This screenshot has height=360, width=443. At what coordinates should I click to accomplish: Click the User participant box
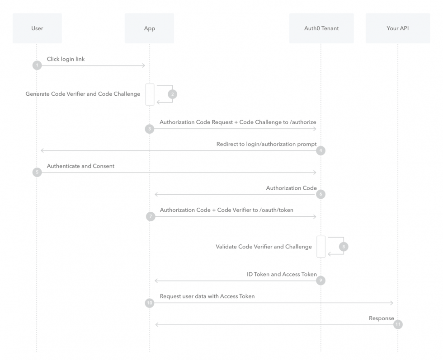click(x=37, y=28)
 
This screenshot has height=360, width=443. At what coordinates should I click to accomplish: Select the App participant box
click(x=149, y=28)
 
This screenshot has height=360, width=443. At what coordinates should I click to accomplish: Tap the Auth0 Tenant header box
click(x=321, y=28)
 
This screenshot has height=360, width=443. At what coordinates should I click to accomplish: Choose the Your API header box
click(x=398, y=28)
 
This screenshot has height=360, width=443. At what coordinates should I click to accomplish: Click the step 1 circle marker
click(x=37, y=65)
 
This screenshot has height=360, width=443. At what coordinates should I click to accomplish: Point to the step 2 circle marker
click(x=172, y=94)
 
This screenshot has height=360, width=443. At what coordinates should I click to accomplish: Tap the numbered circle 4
click(x=320, y=151)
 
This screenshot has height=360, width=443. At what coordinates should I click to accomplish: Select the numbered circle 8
click(x=344, y=247)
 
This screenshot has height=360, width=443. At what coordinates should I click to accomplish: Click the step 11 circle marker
click(x=398, y=324)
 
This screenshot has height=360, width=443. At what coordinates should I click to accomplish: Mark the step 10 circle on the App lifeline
click(x=150, y=303)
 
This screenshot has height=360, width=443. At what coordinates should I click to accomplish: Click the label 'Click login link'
click(x=66, y=59)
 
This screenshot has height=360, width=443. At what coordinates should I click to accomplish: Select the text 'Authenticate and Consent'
click(x=80, y=166)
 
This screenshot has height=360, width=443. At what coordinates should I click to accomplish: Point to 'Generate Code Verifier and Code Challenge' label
click(x=83, y=94)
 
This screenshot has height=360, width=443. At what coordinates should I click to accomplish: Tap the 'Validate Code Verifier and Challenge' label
click(x=264, y=247)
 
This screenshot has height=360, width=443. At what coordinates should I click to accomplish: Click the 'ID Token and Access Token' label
click(x=282, y=274)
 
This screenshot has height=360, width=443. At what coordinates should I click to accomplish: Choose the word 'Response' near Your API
click(x=381, y=318)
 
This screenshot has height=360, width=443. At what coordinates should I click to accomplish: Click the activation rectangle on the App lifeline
click(x=150, y=94)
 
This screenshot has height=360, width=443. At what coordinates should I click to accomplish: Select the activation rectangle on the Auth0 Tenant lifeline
click(x=321, y=247)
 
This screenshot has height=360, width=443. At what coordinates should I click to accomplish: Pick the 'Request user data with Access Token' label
click(x=207, y=296)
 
